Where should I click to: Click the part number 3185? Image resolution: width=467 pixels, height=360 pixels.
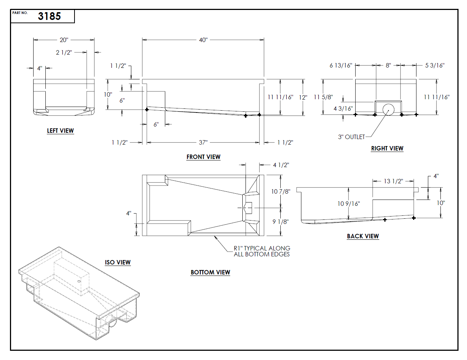(49, 16)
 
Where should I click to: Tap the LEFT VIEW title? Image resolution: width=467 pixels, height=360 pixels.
(60, 131)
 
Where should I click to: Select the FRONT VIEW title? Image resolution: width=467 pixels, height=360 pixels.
(203, 157)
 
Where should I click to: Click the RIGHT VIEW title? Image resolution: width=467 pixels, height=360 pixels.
(387, 148)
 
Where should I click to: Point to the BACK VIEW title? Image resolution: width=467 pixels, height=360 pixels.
(363, 236)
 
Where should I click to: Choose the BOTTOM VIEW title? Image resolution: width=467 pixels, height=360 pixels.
(210, 272)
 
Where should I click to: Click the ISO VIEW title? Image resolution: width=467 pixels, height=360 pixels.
(118, 262)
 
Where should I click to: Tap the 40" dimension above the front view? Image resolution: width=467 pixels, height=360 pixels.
(203, 40)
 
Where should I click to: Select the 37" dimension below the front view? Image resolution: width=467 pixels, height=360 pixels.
(203, 142)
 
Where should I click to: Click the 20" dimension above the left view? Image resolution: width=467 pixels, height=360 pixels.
(64, 40)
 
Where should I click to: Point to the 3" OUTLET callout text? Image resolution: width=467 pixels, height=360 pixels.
(351, 137)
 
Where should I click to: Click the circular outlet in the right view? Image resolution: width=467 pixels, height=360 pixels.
(388, 110)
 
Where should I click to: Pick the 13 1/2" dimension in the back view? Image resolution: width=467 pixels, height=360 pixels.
(393, 181)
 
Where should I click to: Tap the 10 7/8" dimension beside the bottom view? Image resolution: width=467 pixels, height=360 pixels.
(281, 191)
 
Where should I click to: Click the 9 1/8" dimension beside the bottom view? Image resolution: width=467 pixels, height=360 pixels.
(281, 222)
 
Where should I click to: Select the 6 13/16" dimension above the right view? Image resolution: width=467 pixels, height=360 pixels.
(341, 65)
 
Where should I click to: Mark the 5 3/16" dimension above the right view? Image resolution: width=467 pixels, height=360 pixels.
(435, 65)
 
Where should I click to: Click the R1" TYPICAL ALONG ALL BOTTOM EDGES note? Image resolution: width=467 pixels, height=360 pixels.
(262, 251)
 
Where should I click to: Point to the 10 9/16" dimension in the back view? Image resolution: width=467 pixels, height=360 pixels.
(349, 204)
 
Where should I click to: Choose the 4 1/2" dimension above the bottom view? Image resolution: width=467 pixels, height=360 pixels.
(281, 165)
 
